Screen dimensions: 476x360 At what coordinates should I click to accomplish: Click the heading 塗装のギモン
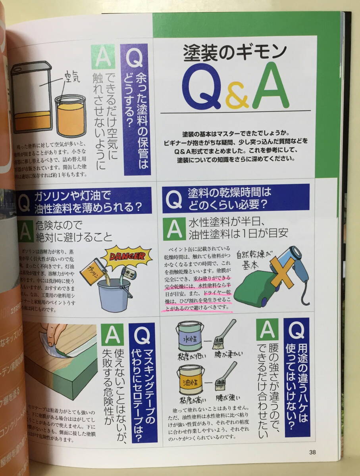click(235, 52)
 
